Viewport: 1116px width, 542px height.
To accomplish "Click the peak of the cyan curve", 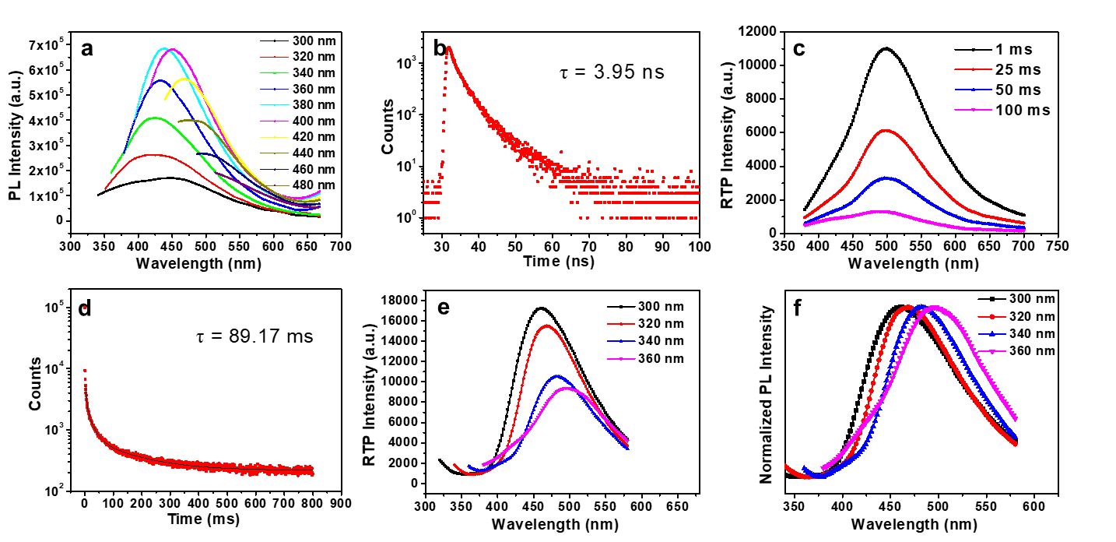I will click(164, 48).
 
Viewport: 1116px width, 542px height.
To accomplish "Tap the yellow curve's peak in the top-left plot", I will click(184, 79).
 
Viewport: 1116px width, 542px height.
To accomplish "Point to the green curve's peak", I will click(156, 118).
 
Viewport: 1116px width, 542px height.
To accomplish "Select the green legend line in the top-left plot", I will click(275, 73).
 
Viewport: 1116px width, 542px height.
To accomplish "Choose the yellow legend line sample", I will click(275, 137).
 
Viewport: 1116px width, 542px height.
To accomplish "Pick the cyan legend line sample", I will click(275, 105).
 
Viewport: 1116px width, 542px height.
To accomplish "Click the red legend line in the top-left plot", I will click(275, 57).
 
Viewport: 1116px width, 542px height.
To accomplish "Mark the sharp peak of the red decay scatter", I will click(448, 48).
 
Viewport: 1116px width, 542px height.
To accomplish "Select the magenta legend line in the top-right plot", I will click(973, 110).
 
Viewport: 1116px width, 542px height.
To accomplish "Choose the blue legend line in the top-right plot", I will click(973, 90).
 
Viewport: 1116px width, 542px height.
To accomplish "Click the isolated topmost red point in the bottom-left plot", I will click(85, 308).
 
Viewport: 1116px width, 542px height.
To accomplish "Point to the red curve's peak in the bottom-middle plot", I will click(547, 326).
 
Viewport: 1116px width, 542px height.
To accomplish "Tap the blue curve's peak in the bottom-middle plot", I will click(558, 376).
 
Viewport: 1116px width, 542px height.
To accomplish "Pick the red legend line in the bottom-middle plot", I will click(621, 323).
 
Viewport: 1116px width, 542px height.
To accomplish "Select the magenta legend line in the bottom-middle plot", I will click(621, 359).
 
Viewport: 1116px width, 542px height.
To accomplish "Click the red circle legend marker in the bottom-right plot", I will click(992, 317).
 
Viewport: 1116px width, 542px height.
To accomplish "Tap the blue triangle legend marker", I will click(992, 334).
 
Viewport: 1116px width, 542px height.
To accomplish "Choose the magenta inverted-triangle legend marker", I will click(992, 352).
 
